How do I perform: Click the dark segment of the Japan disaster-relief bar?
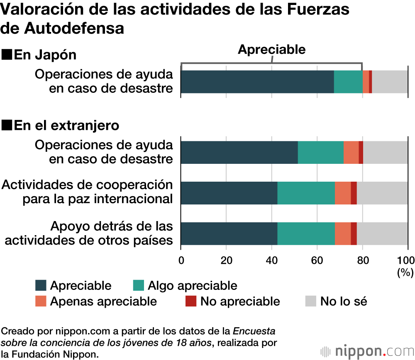click(257, 82)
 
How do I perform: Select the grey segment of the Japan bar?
click(390, 82)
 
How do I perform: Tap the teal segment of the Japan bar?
click(348, 82)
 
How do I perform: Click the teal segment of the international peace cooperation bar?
click(306, 193)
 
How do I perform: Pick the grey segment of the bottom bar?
click(382, 234)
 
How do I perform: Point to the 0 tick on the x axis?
click(181, 260)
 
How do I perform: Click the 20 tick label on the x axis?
click(226, 260)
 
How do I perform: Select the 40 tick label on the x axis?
click(271, 260)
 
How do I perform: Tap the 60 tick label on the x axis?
click(317, 260)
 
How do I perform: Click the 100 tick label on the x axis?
click(406, 260)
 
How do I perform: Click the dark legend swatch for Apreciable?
click(41, 285)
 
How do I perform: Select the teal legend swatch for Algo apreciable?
click(138, 285)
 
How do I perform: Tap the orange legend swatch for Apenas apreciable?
click(41, 301)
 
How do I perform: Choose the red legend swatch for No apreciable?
click(191, 301)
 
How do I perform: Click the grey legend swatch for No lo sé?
click(310, 301)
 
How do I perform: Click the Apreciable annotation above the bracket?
click(271, 50)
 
